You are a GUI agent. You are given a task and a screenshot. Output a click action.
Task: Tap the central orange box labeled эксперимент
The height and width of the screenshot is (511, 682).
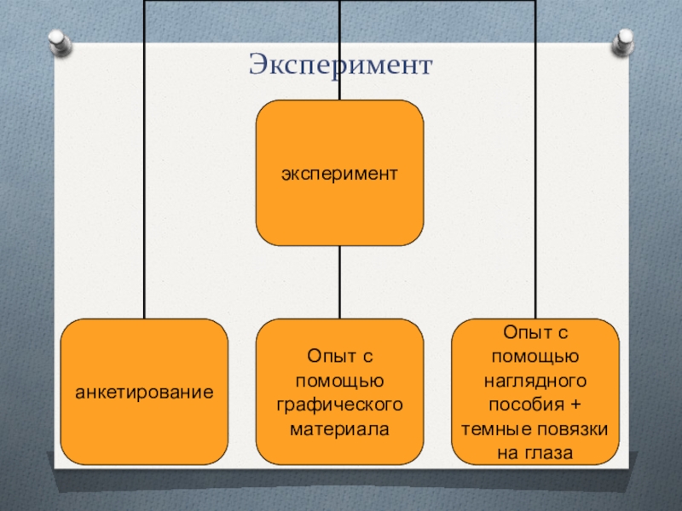click(340, 173)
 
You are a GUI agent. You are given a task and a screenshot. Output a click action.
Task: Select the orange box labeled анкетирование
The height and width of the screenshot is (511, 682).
click(144, 392)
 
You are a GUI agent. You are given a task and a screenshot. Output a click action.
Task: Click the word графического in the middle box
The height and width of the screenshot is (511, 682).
click(339, 401)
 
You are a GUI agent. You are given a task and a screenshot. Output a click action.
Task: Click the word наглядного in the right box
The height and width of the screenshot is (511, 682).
click(535, 375)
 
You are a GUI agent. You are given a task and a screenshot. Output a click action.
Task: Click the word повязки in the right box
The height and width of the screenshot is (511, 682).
click(574, 429)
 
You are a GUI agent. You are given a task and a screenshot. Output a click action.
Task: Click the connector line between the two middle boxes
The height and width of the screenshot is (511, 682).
click(339, 281)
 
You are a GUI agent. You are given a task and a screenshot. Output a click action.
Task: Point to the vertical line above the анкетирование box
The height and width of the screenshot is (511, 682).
click(144, 170)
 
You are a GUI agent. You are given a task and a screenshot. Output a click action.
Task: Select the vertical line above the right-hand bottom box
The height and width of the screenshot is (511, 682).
click(535, 170)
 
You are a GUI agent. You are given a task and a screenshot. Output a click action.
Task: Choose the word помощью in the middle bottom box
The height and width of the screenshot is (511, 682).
click(339, 377)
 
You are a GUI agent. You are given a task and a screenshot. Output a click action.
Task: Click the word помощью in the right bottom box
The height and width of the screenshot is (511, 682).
click(535, 352)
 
